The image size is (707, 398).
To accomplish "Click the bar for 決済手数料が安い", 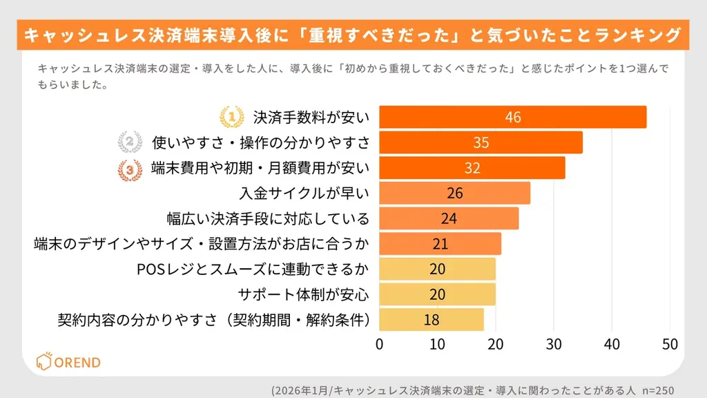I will [x=512, y=117].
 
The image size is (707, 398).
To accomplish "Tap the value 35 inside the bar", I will [x=481, y=142].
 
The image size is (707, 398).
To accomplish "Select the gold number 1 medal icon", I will [x=231, y=117].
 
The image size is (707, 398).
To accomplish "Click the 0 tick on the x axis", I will [x=379, y=343].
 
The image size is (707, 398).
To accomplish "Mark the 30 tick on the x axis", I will [x=553, y=343].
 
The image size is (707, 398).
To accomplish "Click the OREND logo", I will [x=68, y=362].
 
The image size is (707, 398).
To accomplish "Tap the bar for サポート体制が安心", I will [x=437, y=294].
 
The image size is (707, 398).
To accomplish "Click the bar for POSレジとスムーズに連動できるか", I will [x=437, y=269].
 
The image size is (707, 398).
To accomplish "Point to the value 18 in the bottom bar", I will [x=432, y=320].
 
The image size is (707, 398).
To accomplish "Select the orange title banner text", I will [x=353, y=35].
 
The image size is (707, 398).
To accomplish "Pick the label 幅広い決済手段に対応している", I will [x=269, y=219].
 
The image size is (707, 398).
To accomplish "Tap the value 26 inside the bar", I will [x=454, y=193].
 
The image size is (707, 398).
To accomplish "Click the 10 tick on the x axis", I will [x=437, y=343].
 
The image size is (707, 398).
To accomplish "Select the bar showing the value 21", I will [x=440, y=244].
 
